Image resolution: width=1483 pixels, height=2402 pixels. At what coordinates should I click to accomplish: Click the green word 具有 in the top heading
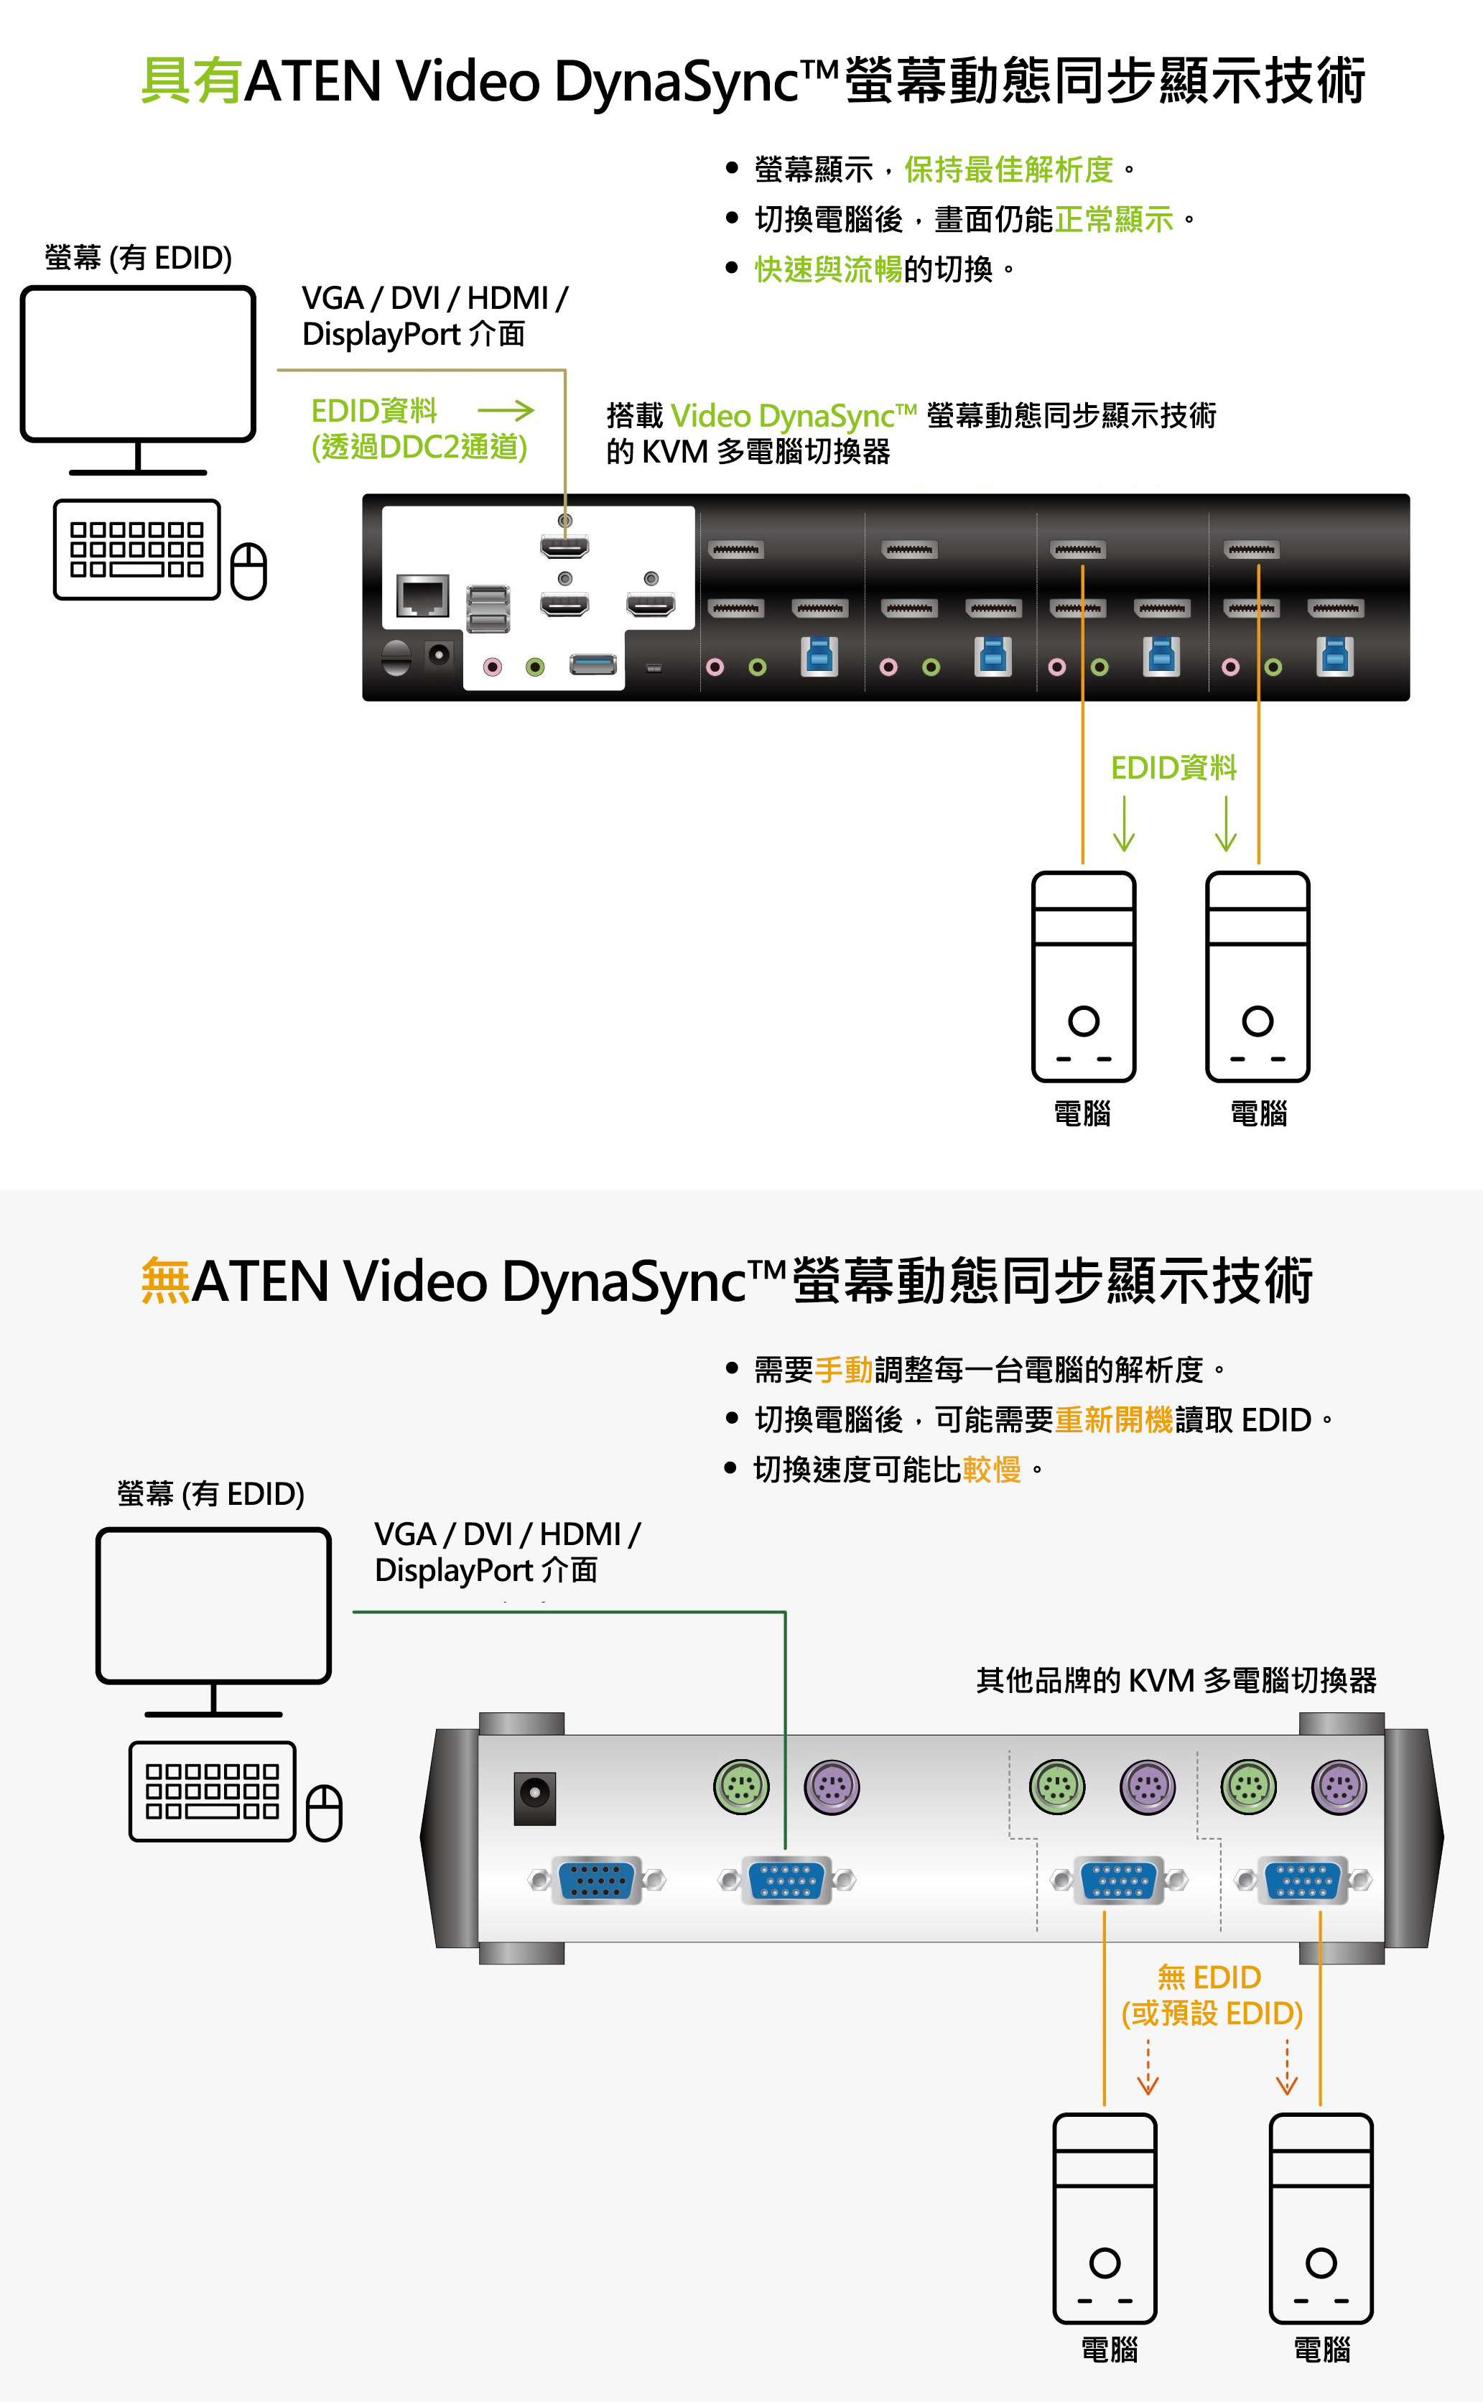[191, 80]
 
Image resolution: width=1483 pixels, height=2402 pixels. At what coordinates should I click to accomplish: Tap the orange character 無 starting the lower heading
[164, 1281]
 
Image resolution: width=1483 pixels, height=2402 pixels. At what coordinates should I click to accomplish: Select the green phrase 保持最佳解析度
[1008, 170]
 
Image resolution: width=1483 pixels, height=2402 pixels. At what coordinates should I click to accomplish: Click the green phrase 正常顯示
[1114, 218]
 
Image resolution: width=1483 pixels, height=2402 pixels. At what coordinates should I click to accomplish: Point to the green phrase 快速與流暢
[828, 269]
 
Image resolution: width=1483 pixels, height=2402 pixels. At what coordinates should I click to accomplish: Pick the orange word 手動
[844, 1369]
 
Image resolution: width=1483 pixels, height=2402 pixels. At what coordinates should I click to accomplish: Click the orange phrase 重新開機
[1113, 1419]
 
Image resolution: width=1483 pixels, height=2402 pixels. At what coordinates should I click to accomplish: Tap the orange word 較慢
[992, 1469]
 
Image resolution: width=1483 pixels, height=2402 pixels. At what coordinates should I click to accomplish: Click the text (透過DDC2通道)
[419, 448]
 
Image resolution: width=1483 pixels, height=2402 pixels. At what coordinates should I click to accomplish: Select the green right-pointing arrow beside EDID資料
[506, 410]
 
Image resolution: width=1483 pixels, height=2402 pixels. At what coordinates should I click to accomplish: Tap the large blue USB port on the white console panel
[593, 665]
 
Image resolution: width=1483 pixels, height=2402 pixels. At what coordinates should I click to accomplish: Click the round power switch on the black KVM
[396, 657]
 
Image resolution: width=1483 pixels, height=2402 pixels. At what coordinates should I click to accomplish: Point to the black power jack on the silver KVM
[534, 1798]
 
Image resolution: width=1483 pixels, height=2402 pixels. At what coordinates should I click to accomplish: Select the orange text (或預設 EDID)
[1212, 2013]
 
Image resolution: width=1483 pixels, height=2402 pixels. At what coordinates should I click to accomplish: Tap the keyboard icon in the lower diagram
[212, 1791]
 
